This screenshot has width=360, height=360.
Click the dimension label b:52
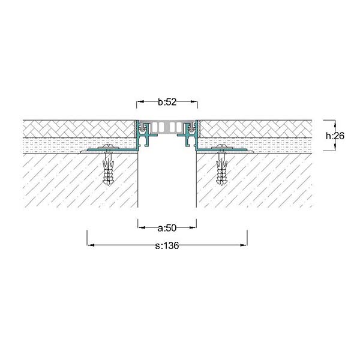(167, 102)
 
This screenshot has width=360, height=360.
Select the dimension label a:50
(167, 228)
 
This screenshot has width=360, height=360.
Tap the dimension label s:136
(167, 245)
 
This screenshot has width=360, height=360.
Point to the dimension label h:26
(335, 136)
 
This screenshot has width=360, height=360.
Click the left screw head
(109, 146)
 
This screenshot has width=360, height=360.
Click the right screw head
(222, 146)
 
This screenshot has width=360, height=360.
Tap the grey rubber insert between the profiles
(167, 127)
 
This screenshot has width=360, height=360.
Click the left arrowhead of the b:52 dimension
(140, 101)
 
